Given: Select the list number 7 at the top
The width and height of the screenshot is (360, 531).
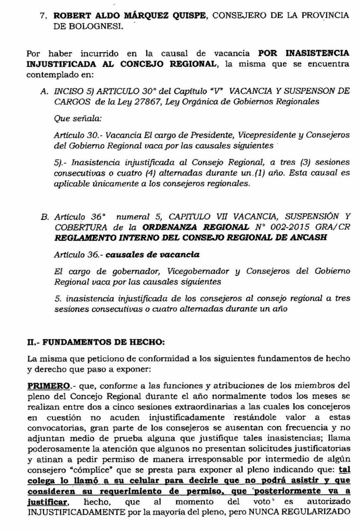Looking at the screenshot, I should coord(42,15).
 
